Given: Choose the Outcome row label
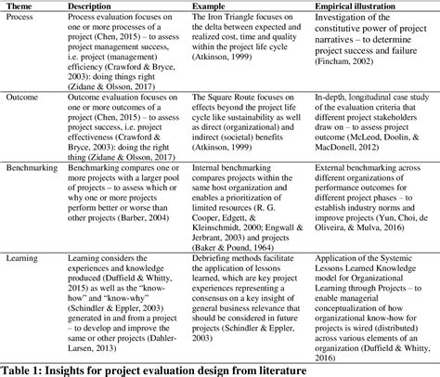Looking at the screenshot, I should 25,96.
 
